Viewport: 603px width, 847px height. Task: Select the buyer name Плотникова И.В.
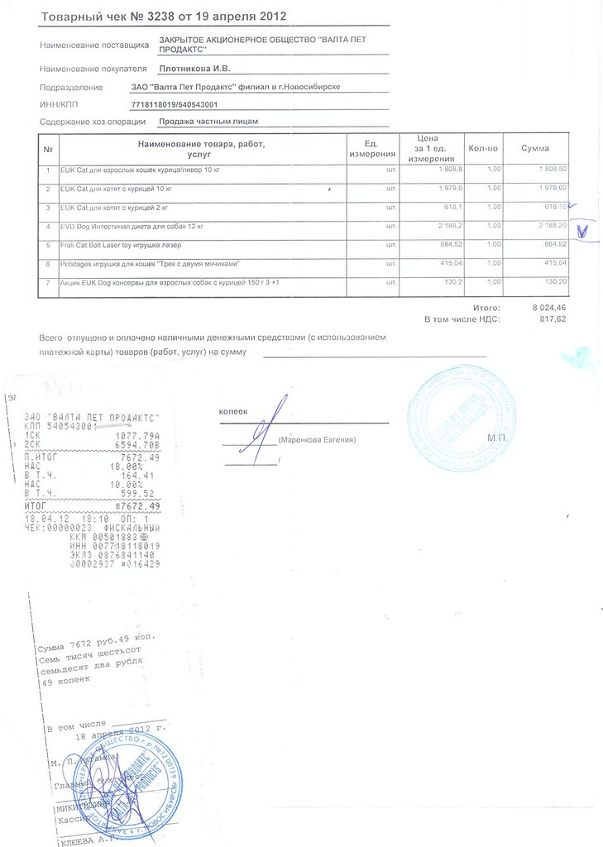[x=194, y=68]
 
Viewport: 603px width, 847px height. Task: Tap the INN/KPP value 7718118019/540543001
[x=174, y=104]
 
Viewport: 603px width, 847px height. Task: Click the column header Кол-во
[x=482, y=148]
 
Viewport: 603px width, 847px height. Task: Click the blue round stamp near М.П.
[x=461, y=419]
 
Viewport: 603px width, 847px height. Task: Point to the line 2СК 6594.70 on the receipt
[x=93, y=444]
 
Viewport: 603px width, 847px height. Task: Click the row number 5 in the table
[x=49, y=245]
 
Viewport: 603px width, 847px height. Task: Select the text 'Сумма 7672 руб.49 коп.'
[x=96, y=643]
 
